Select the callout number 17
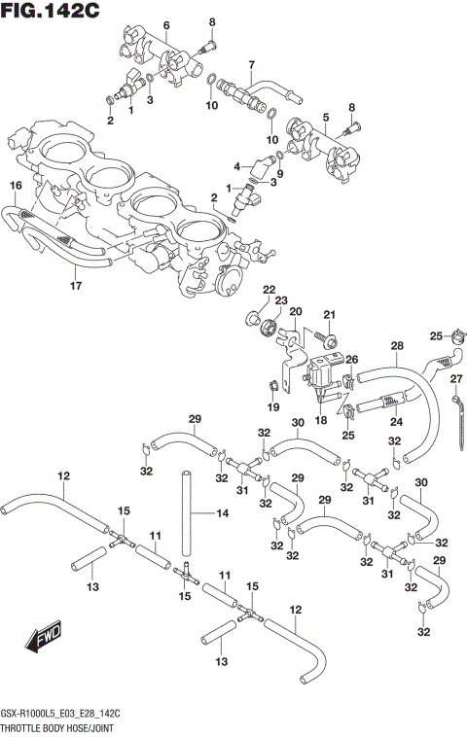[75, 286]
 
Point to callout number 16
[16, 185]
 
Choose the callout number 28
[396, 345]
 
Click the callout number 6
[165, 24]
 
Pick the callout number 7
[250, 65]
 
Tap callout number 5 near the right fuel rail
[327, 118]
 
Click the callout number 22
[269, 289]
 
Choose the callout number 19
[273, 406]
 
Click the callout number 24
[397, 422]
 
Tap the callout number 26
[352, 360]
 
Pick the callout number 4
[236, 166]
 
